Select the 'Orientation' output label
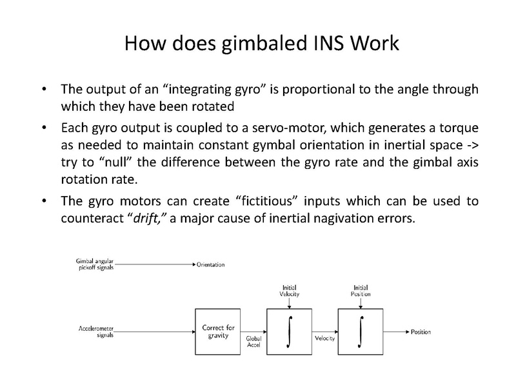click(x=212, y=264)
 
